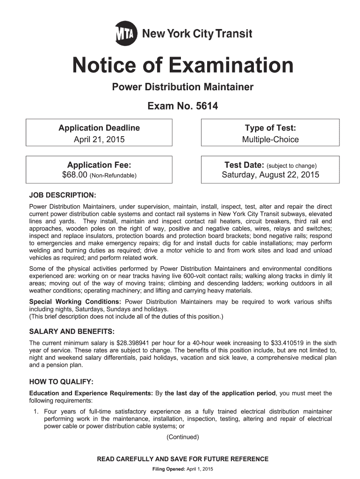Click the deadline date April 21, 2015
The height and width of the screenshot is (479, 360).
pyautogui.click(x=99, y=139)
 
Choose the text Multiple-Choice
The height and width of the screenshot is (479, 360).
pyautogui.click(x=270, y=139)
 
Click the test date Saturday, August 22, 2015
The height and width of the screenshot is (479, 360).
pyautogui.click(x=270, y=175)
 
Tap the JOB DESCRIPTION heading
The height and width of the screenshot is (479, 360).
pyautogui.click(x=63, y=195)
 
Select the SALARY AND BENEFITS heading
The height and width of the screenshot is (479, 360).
pyautogui.click(x=72, y=332)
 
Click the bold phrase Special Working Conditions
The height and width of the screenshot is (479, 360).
pyautogui.click(x=76, y=302)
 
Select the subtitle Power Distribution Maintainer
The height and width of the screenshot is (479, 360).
pyautogui.click(x=182, y=87)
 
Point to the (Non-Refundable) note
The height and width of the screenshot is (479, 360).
pyautogui.click(x=114, y=176)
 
